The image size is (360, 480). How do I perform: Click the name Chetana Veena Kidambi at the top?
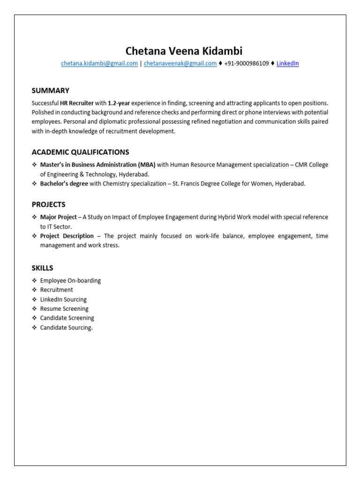click(184, 51)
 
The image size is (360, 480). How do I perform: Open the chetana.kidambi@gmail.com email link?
click(99, 63)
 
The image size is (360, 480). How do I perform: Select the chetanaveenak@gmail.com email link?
click(180, 63)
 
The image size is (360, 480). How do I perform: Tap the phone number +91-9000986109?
click(247, 63)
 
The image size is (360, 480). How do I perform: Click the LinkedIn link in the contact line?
click(287, 63)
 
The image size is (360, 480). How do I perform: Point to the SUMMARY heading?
click(50, 90)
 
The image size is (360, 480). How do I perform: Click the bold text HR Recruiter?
click(76, 103)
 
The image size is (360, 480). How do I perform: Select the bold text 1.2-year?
click(119, 103)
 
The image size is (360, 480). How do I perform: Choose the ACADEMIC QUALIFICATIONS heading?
click(80, 152)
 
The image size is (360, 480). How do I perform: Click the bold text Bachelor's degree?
click(64, 184)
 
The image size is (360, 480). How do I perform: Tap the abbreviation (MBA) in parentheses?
click(147, 165)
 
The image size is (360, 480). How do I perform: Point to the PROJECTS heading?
click(48, 204)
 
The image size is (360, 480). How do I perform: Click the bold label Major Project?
click(58, 217)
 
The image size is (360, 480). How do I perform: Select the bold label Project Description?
click(67, 236)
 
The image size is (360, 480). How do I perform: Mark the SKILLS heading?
click(42, 268)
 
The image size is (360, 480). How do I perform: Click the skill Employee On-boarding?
click(70, 281)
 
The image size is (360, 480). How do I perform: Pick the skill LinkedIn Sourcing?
click(63, 300)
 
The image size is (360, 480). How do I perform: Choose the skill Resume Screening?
click(64, 309)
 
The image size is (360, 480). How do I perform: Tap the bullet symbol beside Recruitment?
click(34, 290)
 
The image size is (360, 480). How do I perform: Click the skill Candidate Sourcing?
click(66, 328)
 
